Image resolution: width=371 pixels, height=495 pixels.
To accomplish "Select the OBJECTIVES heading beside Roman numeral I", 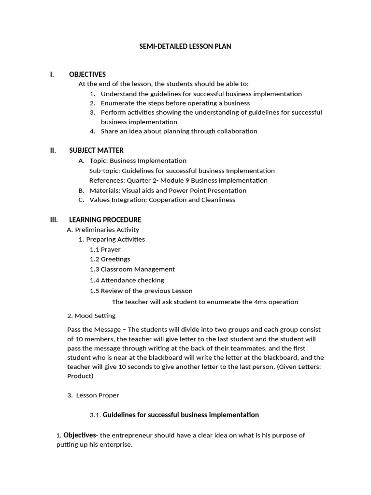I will pyautogui.click(x=87, y=74).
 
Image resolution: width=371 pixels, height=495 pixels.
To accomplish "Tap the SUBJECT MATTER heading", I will pyautogui.click(x=96, y=150).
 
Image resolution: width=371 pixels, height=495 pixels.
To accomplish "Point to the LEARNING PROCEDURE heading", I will pyautogui.click(x=105, y=220).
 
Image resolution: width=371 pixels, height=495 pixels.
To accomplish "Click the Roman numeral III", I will pyautogui.click(x=54, y=220).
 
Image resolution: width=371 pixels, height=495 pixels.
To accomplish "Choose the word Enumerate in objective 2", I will pyautogui.click(x=116, y=103).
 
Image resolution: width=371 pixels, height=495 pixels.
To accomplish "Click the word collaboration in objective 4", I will pyautogui.click(x=236, y=131).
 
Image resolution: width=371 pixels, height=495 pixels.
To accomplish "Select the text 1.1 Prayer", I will pyautogui.click(x=105, y=249).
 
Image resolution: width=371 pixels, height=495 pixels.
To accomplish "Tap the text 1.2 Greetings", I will pyautogui.click(x=110, y=259).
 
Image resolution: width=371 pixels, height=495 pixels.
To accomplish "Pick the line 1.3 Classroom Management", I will pyautogui.click(x=132, y=269).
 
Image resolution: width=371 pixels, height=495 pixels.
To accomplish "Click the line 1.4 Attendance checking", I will pyautogui.click(x=127, y=280).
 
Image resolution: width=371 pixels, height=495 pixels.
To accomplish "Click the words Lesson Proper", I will pyautogui.click(x=98, y=395).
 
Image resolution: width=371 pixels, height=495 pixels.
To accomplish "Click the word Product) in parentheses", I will pyautogui.click(x=80, y=376).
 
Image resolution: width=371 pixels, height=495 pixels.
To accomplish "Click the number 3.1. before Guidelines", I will pyautogui.click(x=95, y=415).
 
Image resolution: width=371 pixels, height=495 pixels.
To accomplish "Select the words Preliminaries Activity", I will pyautogui.click(x=107, y=230).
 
